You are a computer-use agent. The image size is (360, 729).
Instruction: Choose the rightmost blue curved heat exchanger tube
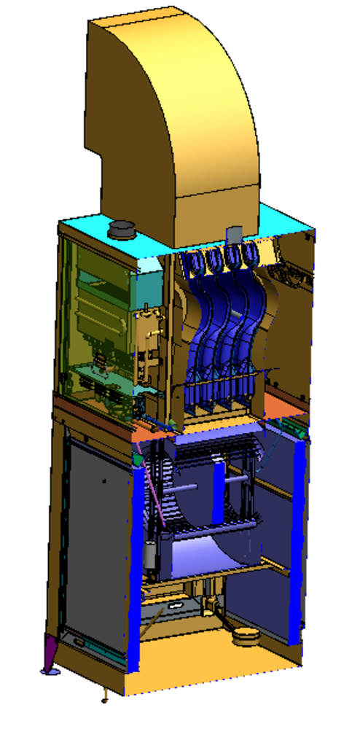click(255, 321)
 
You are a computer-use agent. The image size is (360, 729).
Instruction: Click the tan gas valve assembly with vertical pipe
click(149, 343)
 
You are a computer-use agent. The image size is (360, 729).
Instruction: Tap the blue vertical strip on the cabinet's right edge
click(297, 539)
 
